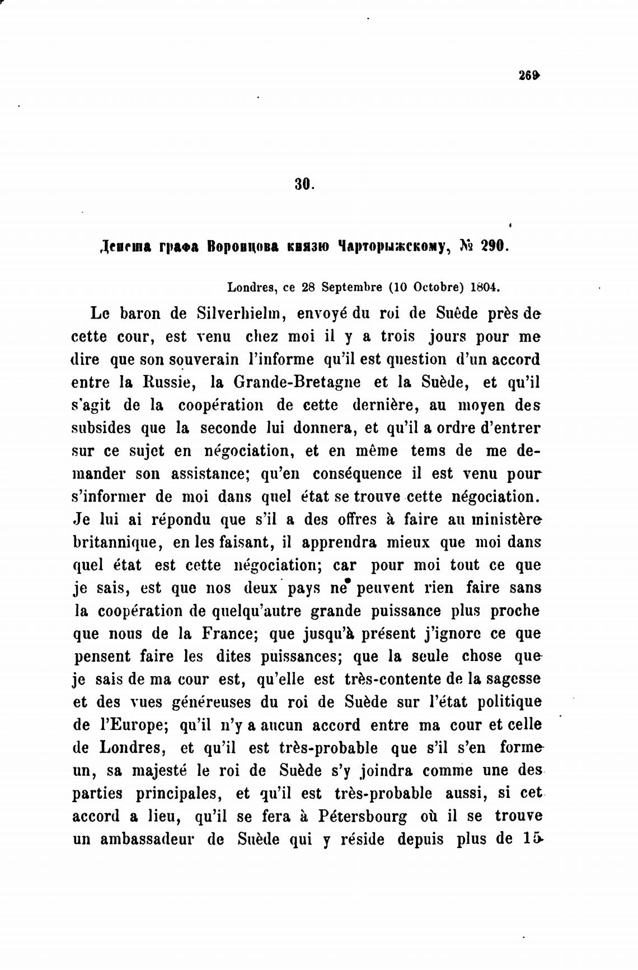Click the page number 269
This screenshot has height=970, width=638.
(x=529, y=75)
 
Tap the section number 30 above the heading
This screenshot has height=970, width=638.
(x=304, y=184)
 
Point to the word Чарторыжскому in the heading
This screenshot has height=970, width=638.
(x=392, y=246)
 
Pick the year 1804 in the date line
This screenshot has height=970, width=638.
(x=485, y=288)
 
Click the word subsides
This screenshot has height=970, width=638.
(x=100, y=428)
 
